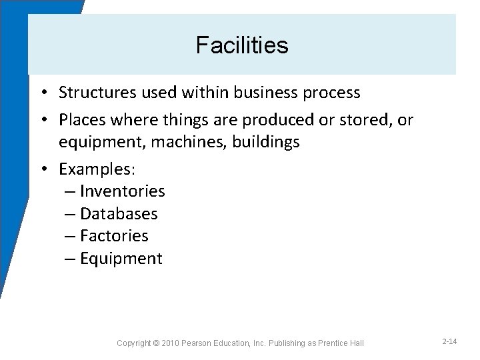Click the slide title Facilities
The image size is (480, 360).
click(242, 46)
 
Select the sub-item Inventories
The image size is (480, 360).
click(122, 191)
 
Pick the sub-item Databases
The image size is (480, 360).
click(119, 214)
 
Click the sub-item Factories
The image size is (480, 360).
click(114, 236)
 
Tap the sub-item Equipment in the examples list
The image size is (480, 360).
click(121, 259)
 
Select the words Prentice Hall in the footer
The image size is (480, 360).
click(340, 343)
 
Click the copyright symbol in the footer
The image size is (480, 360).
click(156, 343)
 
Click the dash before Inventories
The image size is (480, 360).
click(71, 191)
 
